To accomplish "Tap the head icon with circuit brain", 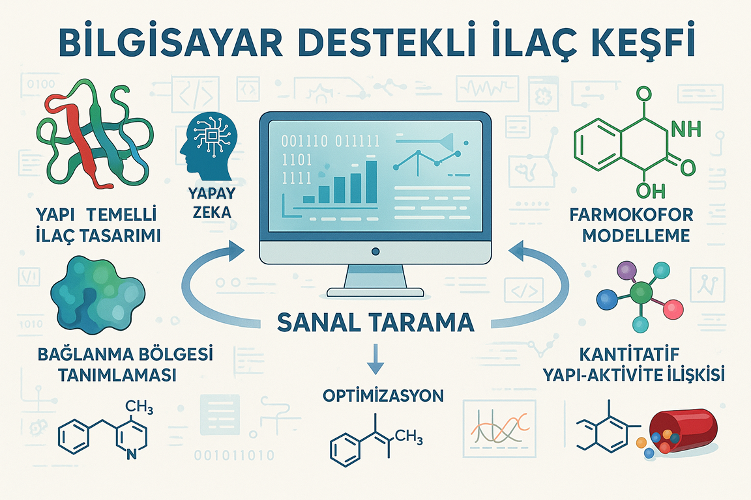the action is pos(208,143).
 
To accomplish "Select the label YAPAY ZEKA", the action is pos(212,202).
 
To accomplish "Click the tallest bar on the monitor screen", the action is pos(371,182).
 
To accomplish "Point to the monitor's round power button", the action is pos(375,251).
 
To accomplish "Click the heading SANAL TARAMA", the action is pos(375,322).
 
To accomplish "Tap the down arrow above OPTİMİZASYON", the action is pos(375,359).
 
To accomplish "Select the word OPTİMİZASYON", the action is pos(383,396).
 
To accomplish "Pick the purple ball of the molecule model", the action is pos(626,270).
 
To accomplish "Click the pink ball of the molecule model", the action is pos(673,309).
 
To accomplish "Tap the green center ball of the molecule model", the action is pos(641,292).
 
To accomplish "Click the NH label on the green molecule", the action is pos(686,129).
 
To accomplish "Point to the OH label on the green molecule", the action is pos(651,191).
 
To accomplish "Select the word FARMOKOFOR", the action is pos(631,215).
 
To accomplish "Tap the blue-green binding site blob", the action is pos(97,294).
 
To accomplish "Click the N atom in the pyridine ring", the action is pos(131,454).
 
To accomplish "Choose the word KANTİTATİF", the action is pos(629,354).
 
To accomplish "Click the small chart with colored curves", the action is pos(499,428).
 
